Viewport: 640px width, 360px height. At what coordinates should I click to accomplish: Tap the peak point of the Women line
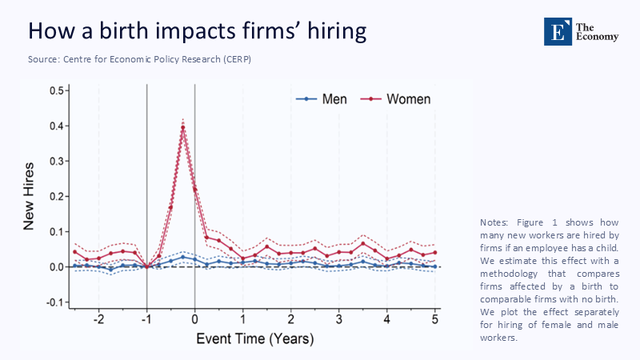tap(183, 127)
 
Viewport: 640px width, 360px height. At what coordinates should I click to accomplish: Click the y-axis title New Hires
tap(29, 196)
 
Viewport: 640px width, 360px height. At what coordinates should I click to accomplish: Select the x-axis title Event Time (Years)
tap(251, 339)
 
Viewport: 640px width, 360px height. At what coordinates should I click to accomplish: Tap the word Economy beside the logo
tap(598, 35)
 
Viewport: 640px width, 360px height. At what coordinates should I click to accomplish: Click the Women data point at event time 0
tap(195, 189)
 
